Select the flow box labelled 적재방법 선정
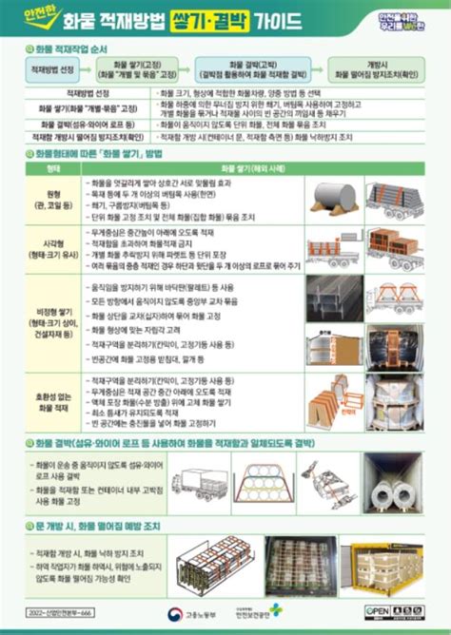(x=49, y=69)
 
